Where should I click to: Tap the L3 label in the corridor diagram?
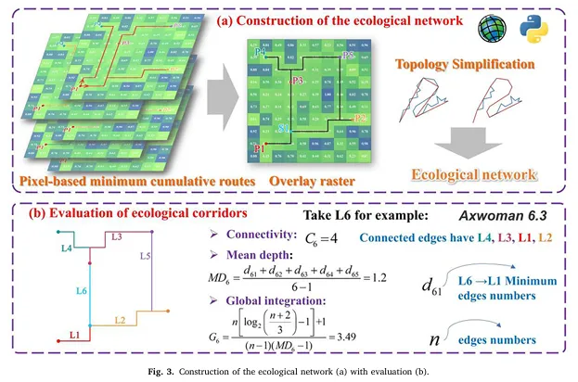tap(117, 238)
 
